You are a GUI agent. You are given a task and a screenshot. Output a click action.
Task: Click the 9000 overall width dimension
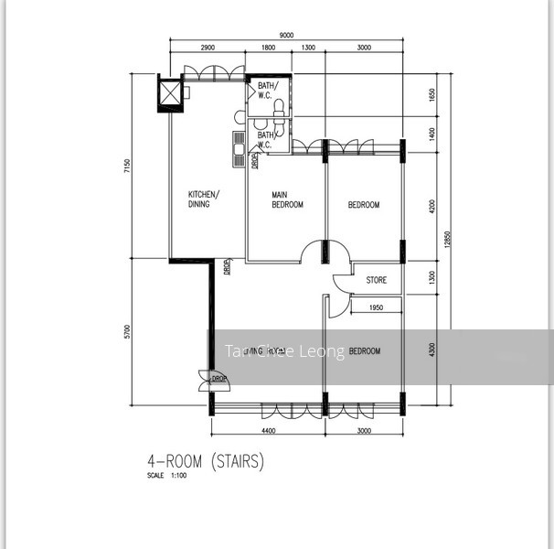point(286,35)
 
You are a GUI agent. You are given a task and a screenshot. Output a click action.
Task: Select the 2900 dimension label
point(208,47)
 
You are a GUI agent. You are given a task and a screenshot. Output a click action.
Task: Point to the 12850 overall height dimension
point(447,238)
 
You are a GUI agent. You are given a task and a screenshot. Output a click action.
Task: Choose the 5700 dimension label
point(138,330)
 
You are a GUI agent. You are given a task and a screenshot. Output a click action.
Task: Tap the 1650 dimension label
point(431,94)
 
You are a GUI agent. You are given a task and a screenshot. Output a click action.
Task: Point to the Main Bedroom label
point(287,199)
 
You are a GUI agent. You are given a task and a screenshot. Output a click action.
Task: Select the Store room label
point(376,280)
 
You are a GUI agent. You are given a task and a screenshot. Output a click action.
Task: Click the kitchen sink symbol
point(238,146)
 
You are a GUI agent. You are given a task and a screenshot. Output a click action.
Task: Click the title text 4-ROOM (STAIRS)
point(205,462)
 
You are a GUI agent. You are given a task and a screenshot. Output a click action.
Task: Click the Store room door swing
point(339,285)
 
